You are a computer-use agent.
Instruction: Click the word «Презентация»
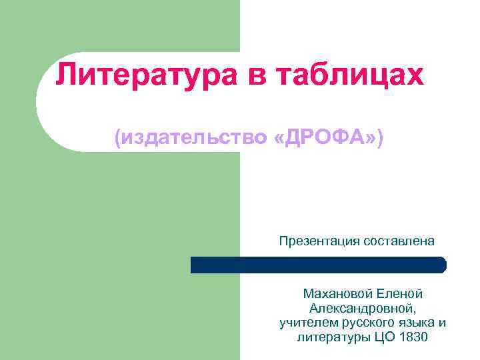[x=320, y=241]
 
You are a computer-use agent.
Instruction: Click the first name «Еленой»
[x=399, y=293]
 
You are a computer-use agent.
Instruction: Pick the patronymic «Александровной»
[x=363, y=308]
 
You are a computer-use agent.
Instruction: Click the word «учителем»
[x=304, y=323]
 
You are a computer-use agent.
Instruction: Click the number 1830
[x=414, y=337]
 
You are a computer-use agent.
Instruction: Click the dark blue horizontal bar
[x=313, y=265]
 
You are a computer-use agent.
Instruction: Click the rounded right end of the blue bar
[x=441, y=265]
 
